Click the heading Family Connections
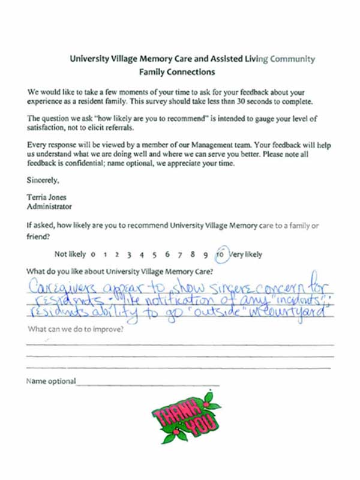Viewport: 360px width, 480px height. [x=176, y=73]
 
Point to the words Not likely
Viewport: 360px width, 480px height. [x=70, y=254]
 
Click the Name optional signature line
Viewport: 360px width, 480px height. [x=148, y=383]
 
